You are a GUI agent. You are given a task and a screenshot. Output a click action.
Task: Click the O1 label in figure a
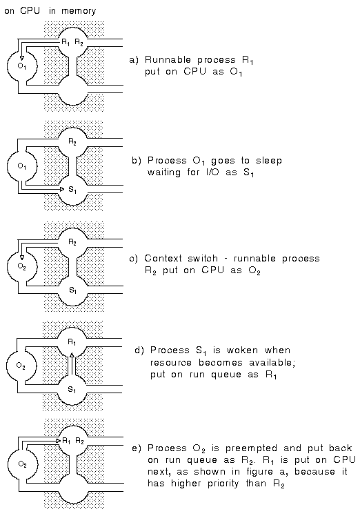pyautogui.click(x=22, y=66)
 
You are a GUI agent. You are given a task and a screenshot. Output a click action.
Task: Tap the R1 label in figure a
pyautogui.click(x=66, y=43)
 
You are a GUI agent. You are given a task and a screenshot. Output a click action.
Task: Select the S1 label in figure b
pyautogui.click(x=72, y=190)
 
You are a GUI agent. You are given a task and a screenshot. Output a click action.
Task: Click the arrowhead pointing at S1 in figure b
pyautogui.click(x=61, y=189)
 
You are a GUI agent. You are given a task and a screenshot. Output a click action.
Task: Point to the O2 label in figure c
pyautogui.click(x=22, y=267)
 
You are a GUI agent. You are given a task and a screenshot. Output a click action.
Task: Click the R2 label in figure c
pyautogui.click(x=72, y=243)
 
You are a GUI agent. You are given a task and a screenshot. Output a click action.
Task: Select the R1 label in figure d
pyautogui.click(x=72, y=343)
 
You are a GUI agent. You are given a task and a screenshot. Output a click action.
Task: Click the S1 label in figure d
pyautogui.click(x=72, y=390)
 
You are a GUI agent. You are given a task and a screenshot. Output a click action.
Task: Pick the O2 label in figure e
pyautogui.click(x=22, y=464)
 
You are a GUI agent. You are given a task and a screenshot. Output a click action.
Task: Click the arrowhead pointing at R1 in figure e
pyautogui.click(x=59, y=440)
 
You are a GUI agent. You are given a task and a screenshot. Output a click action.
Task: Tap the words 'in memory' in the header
pyautogui.click(x=72, y=11)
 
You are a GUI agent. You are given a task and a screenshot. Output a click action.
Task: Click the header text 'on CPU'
pyautogui.click(x=22, y=11)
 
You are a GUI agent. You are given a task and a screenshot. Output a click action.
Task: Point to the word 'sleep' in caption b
pyautogui.click(x=269, y=161)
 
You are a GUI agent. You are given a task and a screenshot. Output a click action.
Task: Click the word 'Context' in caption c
pyautogui.click(x=163, y=258)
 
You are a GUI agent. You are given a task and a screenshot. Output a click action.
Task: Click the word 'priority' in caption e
pyautogui.click(x=223, y=484)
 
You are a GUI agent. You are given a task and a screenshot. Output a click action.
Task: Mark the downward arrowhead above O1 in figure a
pyautogui.click(x=22, y=58)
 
